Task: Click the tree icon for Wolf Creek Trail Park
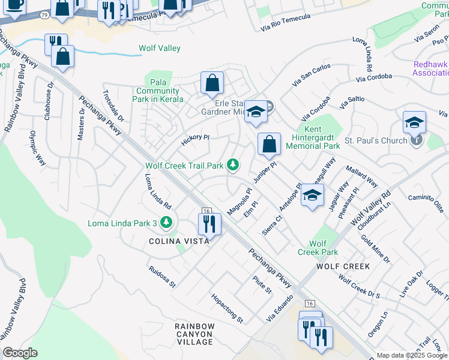click(232, 165)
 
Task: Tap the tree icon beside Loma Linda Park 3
click(166, 223)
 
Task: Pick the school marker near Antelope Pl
click(312, 195)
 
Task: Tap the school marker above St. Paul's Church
click(414, 122)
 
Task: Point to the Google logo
click(20, 353)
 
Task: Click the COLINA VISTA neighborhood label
click(179, 241)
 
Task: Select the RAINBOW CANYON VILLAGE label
click(194, 334)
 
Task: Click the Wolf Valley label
click(160, 49)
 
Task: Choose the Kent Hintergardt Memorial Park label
click(314, 137)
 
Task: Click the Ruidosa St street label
click(162, 275)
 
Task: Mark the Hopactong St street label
click(227, 308)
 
